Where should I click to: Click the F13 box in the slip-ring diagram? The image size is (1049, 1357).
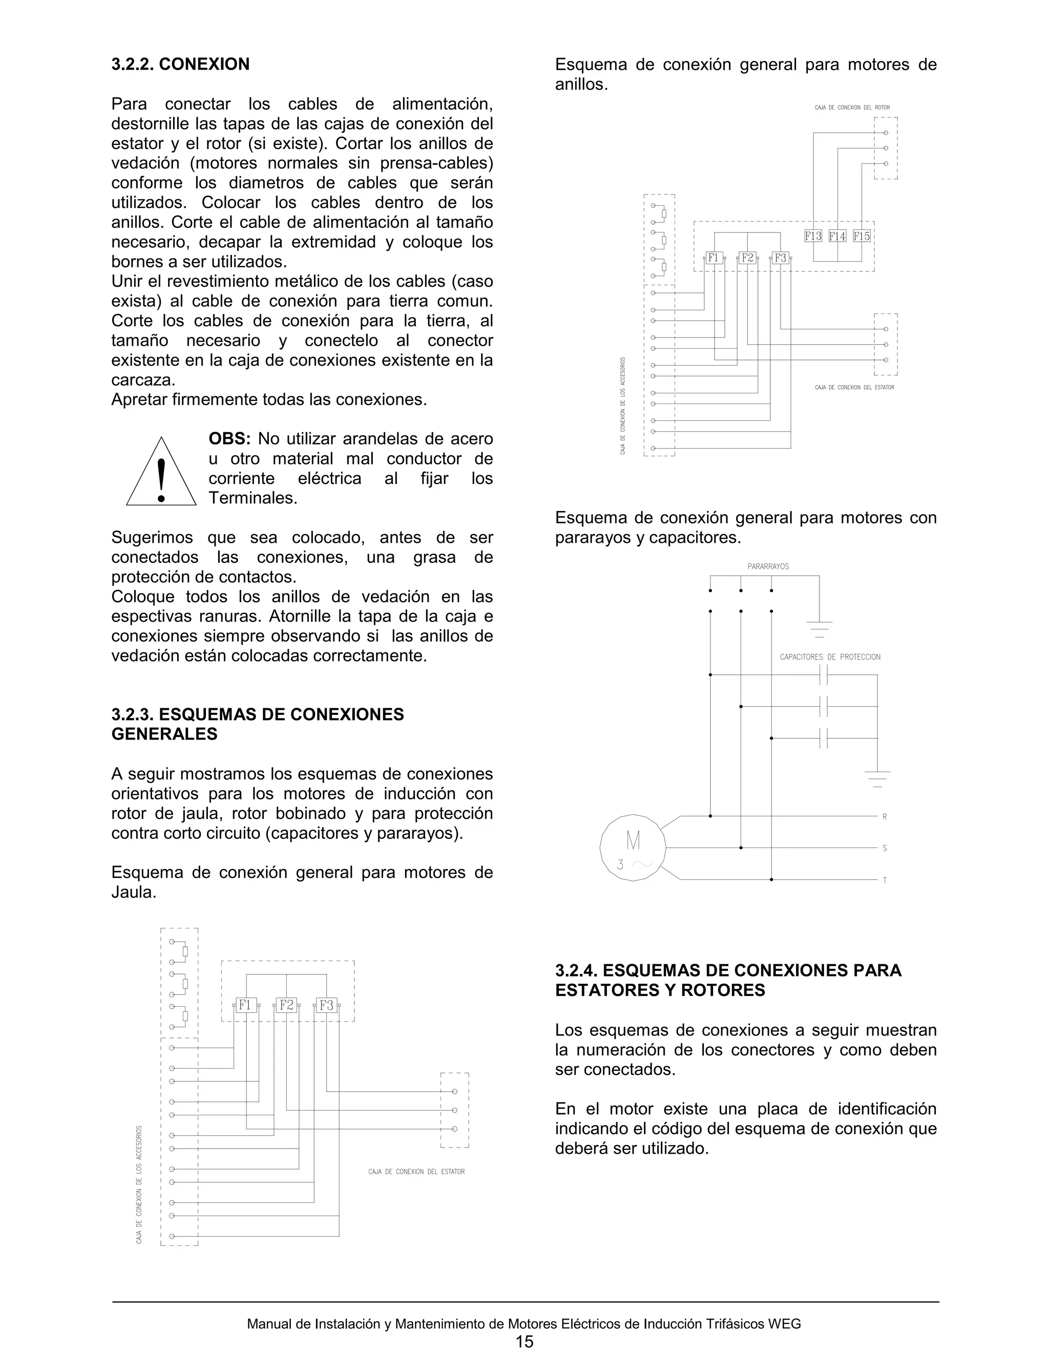click(x=813, y=236)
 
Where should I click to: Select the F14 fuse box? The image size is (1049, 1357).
click(x=837, y=236)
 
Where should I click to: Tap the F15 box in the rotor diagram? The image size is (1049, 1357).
click(x=862, y=236)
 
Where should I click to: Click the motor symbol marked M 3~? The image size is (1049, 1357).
click(x=633, y=847)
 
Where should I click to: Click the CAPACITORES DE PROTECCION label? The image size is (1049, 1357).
click(x=830, y=657)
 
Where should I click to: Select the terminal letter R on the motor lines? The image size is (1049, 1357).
click(x=884, y=816)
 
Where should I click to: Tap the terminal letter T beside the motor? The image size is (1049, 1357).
click(x=884, y=880)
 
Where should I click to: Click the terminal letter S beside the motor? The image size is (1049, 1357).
click(x=884, y=848)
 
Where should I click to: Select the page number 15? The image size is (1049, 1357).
click(x=524, y=1342)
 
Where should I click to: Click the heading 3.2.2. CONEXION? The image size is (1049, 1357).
click(x=180, y=64)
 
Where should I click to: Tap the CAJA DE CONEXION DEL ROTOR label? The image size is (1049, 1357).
click(x=852, y=108)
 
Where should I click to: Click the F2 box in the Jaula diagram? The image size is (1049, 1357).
click(x=286, y=1005)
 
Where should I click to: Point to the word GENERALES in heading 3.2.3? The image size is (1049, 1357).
click(x=164, y=734)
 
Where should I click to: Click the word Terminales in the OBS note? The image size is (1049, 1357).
click(x=253, y=498)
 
